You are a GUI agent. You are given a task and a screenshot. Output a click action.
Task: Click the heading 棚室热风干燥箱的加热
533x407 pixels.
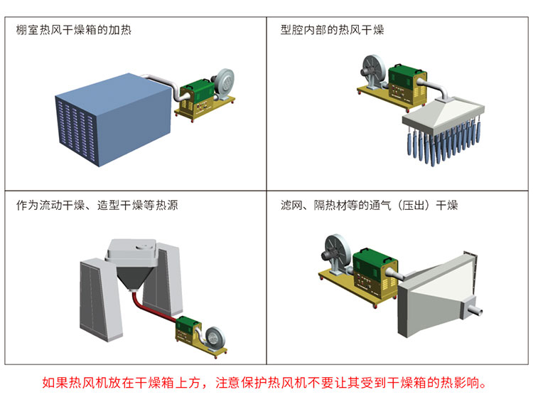[74, 30]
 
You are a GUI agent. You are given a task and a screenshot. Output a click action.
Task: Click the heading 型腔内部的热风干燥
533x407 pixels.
[332, 30]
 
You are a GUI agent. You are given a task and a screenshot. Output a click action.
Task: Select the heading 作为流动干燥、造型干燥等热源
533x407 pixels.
[97, 205]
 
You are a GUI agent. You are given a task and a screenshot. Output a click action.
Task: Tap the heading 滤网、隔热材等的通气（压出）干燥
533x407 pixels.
[369, 205]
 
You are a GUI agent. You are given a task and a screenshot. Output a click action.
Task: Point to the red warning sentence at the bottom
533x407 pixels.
[264, 383]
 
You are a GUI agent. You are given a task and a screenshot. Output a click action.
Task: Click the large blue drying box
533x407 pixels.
[113, 120]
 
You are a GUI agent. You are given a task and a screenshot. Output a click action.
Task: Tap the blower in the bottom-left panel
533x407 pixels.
[215, 338]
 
